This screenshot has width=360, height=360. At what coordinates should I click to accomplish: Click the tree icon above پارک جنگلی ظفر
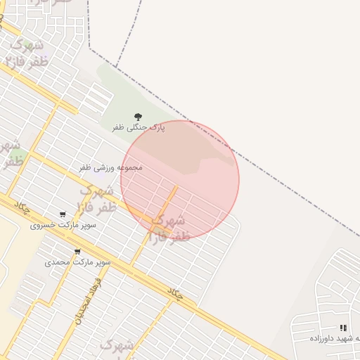pyautogui.click(x=137, y=117)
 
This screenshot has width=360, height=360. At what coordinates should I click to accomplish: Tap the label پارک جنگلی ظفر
pyautogui.click(x=139, y=128)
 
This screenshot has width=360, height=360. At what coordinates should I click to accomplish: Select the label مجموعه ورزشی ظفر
pyautogui.click(x=110, y=167)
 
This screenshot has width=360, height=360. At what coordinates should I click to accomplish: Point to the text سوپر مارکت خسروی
pyautogui.click(x=63, y=226)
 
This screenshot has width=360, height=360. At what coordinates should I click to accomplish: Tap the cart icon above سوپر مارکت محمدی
pyautogui.click(x=77, y=251)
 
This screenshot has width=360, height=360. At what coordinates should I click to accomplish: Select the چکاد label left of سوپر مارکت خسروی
pyautogui.click(x=22, y=207)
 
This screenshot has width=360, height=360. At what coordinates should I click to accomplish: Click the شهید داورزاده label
pyautogui.click(x=334, y=338)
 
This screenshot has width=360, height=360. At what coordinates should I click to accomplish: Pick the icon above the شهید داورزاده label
pyautogui.click(x=343, y=328)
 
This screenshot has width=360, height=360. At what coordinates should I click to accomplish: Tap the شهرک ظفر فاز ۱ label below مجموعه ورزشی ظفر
pyautogui.click(x=96, y=198)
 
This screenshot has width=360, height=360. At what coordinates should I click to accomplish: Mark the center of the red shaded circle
pyautogui.click(x=180, y=179)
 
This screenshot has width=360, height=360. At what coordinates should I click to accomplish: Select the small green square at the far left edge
pyautogui.click(x=15, y=155)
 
